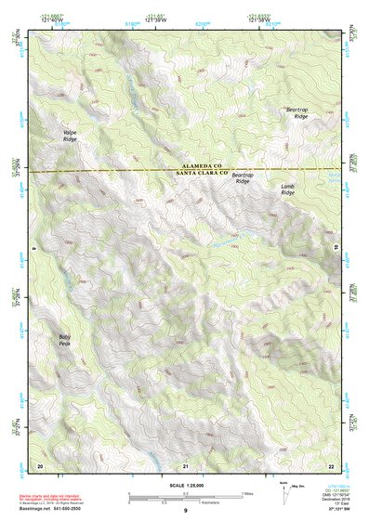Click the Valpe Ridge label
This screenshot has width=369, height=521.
coord(70,136)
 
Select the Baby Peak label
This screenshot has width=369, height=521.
coord(64,340)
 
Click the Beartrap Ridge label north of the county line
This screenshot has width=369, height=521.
coord(296,113)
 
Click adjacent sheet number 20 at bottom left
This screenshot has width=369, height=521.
coord(40,463)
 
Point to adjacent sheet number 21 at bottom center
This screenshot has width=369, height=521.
coord(186,463)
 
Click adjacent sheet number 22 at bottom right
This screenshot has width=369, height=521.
coord(331,463)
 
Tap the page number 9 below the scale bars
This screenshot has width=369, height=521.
coord(186,512)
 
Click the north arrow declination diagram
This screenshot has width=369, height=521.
coord(283,489)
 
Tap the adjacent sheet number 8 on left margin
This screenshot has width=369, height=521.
coord(33,248)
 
